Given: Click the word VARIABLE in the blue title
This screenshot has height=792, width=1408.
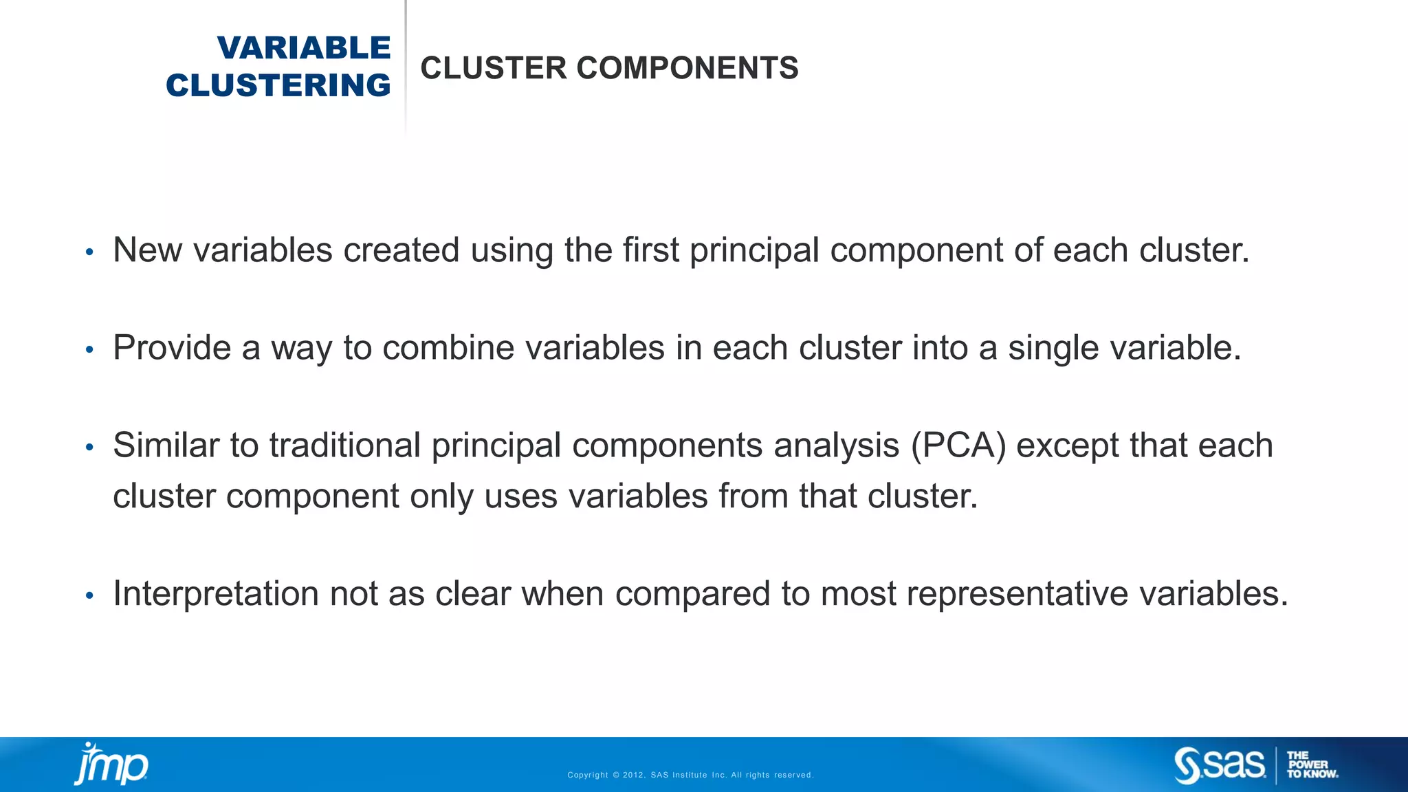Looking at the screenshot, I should (304, 48).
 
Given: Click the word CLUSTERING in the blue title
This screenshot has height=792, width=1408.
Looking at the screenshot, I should (278, 86).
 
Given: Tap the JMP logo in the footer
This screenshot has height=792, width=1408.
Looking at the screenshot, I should (111, 764).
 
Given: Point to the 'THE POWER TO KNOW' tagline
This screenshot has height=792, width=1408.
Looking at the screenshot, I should (1311, 765).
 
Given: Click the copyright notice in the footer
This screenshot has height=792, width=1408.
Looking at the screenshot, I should (690, 775).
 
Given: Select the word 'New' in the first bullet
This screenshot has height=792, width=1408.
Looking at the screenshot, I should (147, 250).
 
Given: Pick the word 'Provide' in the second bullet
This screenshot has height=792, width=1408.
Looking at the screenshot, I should (172, 347).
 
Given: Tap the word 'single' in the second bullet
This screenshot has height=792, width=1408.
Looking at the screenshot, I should (1054, 349).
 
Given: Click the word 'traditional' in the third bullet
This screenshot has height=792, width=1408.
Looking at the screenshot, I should (344, 445).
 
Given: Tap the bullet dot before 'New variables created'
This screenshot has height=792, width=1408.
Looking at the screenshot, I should (89, 252).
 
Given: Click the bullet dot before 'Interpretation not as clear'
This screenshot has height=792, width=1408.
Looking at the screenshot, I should (89, 595).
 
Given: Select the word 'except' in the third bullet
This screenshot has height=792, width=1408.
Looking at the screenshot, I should (1067, 445).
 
